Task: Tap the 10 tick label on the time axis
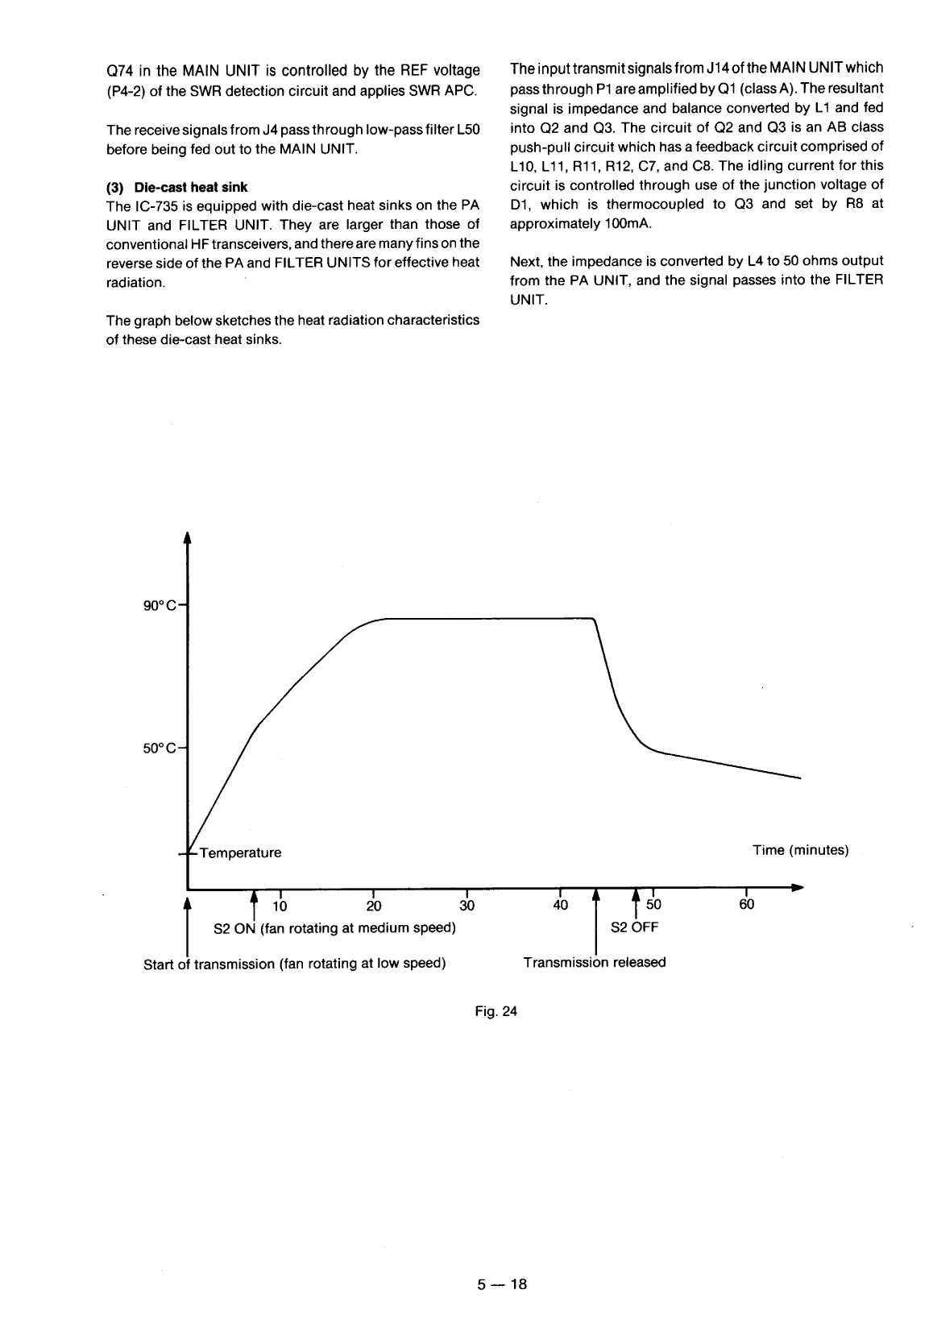pos(280,905)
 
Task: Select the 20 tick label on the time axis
pos(374,905)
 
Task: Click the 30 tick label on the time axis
pos(467,905)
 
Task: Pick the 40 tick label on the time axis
pos(560,905)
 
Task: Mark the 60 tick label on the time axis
pos(747,905)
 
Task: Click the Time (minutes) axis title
pos(800,850)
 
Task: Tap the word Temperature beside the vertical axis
pos(241,852)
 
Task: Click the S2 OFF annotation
pos(635,927)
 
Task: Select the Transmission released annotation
pos(595,963)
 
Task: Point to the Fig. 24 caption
pos(498,1012)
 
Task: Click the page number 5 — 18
pos(500,1284)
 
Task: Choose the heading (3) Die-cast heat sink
pos(177,188)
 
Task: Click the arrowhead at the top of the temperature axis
pos(187,538)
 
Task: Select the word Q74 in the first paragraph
pos(121,69)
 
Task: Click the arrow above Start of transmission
pos(188,897)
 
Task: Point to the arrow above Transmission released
pos(595,897)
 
